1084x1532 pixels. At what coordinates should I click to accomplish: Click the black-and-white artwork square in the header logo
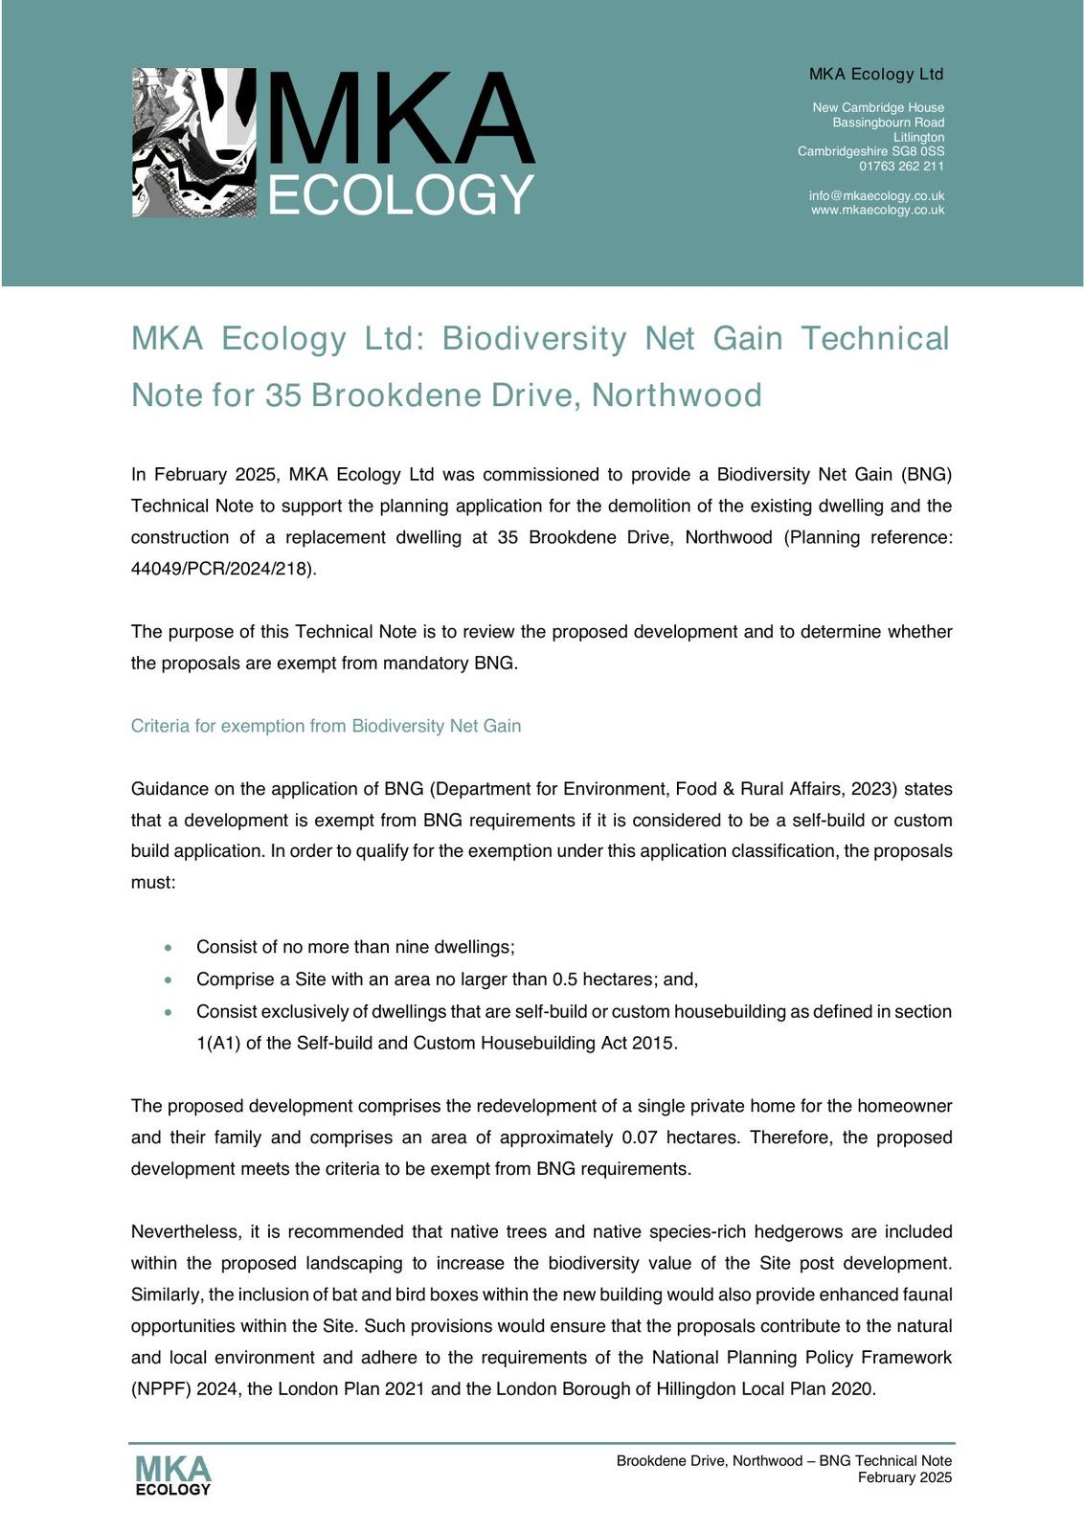[x=194, y=142]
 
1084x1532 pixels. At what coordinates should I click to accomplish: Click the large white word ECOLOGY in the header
[x=400, y=195]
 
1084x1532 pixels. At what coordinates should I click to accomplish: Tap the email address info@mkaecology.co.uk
[x=876, y=195]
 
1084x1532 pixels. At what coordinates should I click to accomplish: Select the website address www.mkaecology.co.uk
[x=877, y=210]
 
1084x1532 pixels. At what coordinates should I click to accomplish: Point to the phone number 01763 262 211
[x=901, y=166]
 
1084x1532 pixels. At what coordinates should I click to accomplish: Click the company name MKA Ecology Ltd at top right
[x=876, y=74]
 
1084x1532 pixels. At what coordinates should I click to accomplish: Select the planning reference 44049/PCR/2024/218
[x=222, y=569]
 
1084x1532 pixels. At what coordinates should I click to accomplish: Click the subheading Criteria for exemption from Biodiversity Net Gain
[x=326, y=726]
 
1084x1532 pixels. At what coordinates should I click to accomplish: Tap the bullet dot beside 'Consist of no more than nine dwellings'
[x=169, y=948]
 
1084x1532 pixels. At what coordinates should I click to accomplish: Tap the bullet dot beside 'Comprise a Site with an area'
[x=169, y=980]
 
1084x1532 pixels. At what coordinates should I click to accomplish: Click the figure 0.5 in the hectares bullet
[x=564, y=980]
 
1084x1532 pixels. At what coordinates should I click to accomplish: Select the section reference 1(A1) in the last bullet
[x=218, y=1044]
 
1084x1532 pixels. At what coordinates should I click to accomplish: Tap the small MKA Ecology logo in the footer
[x=172, y=1476]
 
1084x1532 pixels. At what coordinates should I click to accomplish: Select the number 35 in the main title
[x=282, y=395]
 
